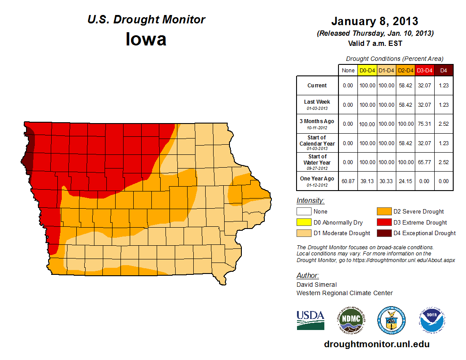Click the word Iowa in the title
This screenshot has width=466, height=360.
[146, 39]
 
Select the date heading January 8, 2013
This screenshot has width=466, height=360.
[375, 21]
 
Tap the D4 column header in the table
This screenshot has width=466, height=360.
[443, 71]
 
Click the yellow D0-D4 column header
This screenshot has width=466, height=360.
[367, 71]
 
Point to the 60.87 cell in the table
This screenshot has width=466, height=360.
[348, 181]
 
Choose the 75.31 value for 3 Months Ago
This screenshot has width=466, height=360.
[425, 124]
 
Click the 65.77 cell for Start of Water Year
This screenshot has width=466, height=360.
[425, 162]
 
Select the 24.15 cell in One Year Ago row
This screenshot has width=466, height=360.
[406, 181]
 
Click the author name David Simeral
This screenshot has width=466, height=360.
[316, 285]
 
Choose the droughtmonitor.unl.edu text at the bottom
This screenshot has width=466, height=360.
[376, 344]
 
